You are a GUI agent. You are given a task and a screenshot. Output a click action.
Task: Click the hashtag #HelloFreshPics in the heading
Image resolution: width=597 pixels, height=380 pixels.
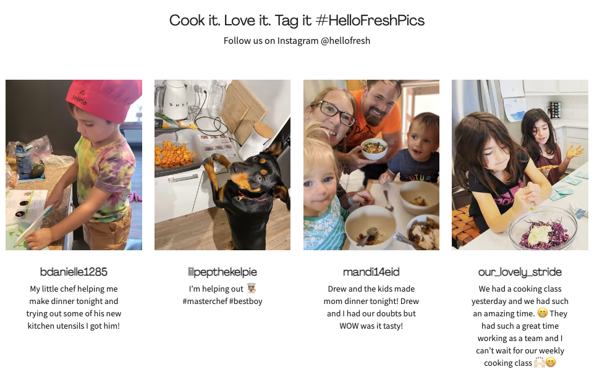click(370, 20)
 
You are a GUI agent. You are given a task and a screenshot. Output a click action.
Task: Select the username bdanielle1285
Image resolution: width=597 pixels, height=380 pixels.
click(74, 272)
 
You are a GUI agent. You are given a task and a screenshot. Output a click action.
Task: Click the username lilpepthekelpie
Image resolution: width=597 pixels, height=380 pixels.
click(222, 272)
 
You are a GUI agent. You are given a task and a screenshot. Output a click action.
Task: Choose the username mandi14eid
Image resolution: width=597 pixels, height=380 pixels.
click(371, 272)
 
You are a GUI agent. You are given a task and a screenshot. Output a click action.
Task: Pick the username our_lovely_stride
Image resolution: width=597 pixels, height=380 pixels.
click(520, 272)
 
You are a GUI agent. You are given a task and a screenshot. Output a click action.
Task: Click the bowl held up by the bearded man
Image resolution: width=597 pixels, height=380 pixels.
click(373, 149)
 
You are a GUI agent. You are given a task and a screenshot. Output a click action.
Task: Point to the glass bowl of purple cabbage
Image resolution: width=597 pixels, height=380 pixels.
click(543, 229)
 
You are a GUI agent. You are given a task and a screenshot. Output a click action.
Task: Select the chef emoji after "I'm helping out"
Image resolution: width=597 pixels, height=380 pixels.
click(251, 289)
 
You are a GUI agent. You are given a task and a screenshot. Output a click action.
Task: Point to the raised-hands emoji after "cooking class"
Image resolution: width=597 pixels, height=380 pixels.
click(540, 363)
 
